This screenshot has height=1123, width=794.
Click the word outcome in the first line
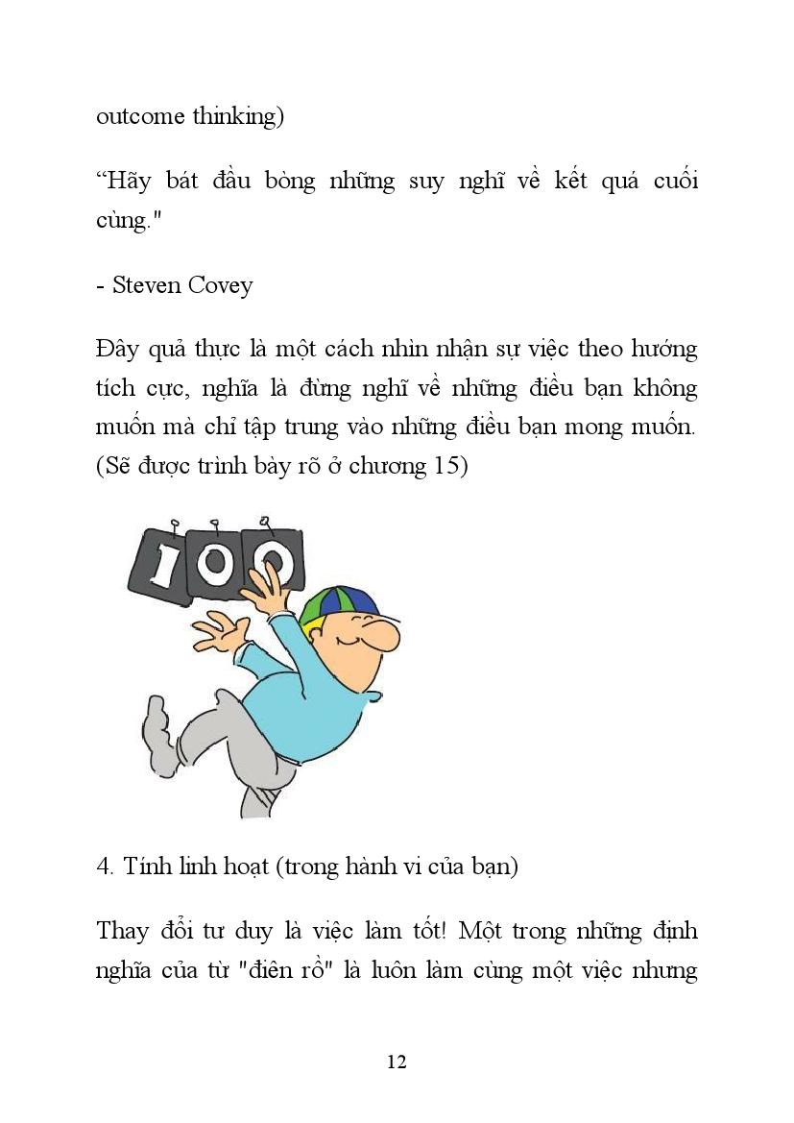pos(141,116)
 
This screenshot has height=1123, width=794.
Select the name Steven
pos(146,285)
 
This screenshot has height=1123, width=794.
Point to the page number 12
pos(397,1062)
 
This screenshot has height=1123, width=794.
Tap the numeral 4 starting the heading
pos(104,866)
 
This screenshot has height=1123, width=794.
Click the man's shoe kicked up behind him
pos(155,720)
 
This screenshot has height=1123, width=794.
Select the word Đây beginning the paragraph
pos(117,349)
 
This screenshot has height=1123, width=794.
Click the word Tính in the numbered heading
pos(145,866)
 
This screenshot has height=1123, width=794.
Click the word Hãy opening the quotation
pos(125,181)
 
